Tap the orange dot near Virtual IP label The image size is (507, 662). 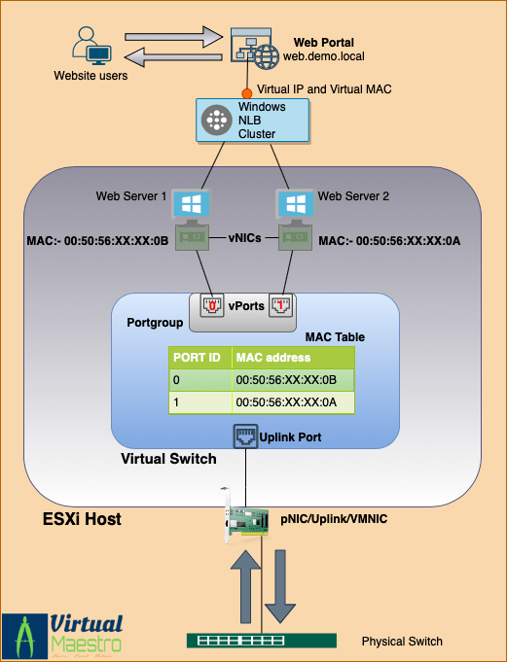pos(247,93)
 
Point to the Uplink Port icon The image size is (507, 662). pos(244,436)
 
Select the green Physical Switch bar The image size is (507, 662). pos(262,641)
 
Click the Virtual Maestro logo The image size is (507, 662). pos(63,632)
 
